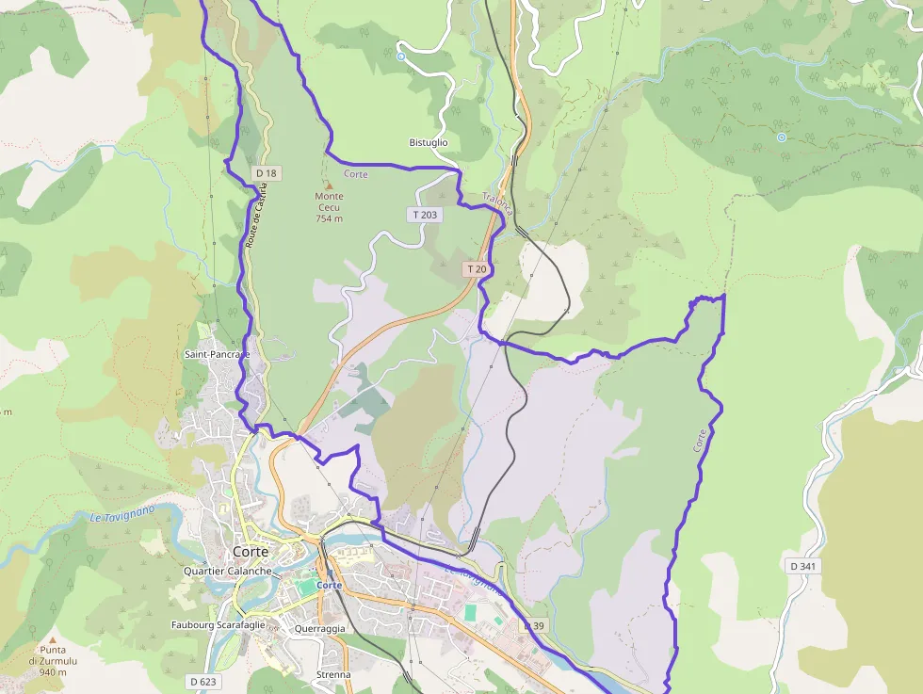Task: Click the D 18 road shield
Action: click(x=267, y=173)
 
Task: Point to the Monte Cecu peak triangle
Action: click(x=329, y=185)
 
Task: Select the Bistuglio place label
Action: click(x=429, y=142)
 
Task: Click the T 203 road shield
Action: click(x=426, y=215)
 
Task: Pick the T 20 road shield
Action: click(x=477, y=269)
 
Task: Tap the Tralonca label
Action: click(x=496, y=204)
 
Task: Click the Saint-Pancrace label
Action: click(x=218, y=354)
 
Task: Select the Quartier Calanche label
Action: click(x=228, y=572)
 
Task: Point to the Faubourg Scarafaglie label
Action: click(x=226, y=625)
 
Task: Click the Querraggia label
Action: click(x=319, y=628)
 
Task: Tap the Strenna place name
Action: click(x=333, y=674)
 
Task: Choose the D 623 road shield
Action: click(x=202, y=681)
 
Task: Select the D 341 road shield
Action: click(x=802, y=566)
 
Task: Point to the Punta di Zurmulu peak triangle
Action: click(x=53, y=639)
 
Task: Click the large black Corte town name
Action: click(x=251, y=552)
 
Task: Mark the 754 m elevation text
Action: click(x=330, y=218)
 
